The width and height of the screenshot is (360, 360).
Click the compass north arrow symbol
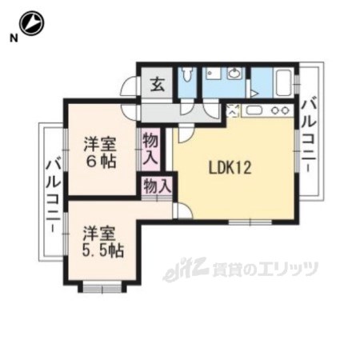coord(33,23)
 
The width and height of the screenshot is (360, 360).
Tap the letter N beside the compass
coord(14,38)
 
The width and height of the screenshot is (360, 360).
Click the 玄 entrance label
coord(158,85)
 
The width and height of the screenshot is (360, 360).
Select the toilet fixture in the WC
coord(186,74)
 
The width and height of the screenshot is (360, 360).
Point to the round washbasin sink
coord(234,73)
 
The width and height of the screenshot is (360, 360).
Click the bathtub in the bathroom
coord(283,82)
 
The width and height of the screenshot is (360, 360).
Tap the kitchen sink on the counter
coord(254,110)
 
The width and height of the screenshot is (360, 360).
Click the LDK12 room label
coord(230,168)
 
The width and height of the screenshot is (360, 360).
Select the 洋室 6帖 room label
coord(100,153)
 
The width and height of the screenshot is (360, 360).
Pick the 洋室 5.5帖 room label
coord(102,242)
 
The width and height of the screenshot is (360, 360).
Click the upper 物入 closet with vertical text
coord(150,149)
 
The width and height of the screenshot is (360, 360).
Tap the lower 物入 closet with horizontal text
coord(157,186)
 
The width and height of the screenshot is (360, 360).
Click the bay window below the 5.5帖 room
coord(102,288)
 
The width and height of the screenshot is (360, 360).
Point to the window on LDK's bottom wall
coord(250,222)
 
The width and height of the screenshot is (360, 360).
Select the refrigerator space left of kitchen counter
coord(233,110)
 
